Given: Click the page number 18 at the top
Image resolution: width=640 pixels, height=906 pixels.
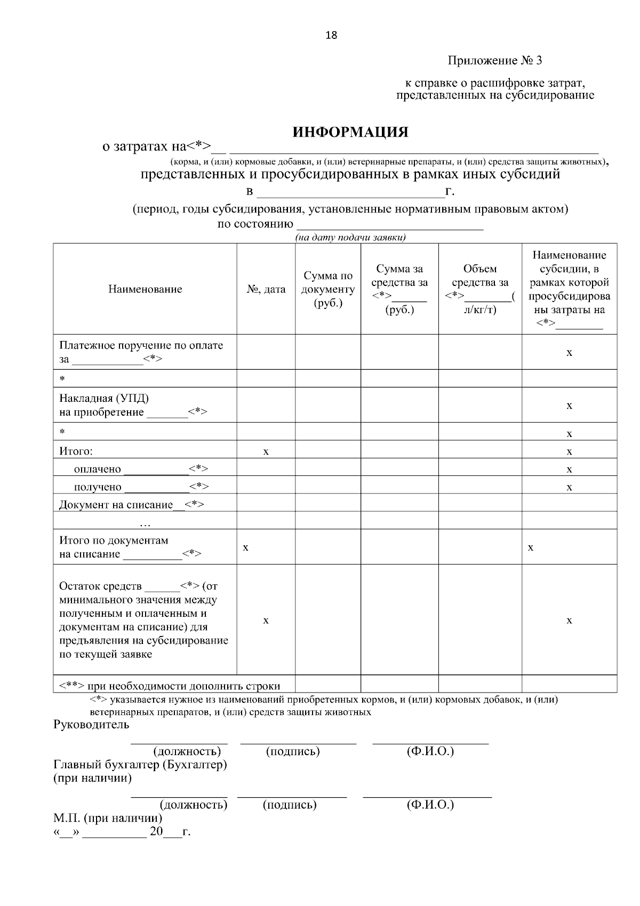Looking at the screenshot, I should coord(331,36).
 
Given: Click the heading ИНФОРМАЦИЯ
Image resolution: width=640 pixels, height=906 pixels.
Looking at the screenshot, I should coord(350,132).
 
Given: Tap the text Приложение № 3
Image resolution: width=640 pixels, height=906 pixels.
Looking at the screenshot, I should coord(494,61).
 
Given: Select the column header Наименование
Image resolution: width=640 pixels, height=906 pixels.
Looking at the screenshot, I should coord(145,289).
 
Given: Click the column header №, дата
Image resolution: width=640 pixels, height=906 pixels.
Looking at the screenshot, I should coord(266,289).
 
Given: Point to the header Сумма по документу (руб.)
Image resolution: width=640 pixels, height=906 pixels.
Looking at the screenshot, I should coord(327,289).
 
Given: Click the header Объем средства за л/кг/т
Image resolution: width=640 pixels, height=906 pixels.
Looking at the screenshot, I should coord(479,289).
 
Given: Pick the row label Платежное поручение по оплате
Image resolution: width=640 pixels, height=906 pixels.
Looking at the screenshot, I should coord(141,345).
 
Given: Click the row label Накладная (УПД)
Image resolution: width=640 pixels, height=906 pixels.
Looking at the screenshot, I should coord(104,399).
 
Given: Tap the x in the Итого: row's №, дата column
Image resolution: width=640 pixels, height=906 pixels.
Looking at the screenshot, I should coord(266,452).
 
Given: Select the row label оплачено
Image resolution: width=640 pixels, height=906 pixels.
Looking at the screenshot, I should coord(98,470).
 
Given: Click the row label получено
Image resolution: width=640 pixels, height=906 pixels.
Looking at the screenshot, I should coord(98,487).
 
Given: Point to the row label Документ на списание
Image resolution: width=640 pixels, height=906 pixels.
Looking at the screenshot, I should coord(116,505).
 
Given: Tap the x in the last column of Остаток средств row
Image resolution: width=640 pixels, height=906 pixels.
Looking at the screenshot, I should coord(569,621).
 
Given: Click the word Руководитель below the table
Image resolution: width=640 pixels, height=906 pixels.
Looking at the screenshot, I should coord(91,725).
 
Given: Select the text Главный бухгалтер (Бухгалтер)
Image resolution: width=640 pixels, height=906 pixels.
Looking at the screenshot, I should coord(140,765).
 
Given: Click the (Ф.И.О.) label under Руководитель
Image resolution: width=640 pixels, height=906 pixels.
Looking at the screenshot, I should coord(430,751).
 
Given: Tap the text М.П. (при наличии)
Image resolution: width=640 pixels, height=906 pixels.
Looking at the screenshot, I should coord(107,818).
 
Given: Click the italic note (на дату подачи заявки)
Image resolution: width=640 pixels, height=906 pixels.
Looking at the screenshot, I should coord(350,238).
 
